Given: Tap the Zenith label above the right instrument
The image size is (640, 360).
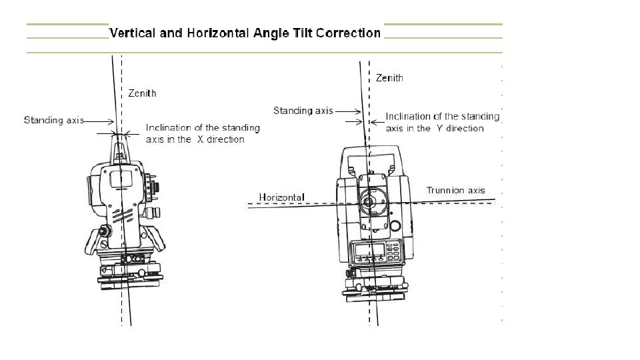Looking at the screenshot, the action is pos(389,78).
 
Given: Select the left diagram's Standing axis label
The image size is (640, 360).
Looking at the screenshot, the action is pos(54,121).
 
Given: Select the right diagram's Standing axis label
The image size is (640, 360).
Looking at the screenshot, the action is pos(303,110).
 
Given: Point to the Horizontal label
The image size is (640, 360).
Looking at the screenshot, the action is pos(281,197).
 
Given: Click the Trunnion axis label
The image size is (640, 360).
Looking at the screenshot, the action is pos(455,191).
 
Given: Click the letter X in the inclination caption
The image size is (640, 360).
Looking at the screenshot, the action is pos(199,139).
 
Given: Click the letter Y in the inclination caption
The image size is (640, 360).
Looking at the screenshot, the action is pos(439,129).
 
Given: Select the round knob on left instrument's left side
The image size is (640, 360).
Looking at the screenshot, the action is pos(105,231).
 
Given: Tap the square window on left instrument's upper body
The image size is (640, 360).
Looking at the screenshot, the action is pos(121,178).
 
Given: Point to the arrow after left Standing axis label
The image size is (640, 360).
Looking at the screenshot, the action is pos(98,121).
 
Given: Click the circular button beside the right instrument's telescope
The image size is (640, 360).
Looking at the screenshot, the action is pos(395,225).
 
